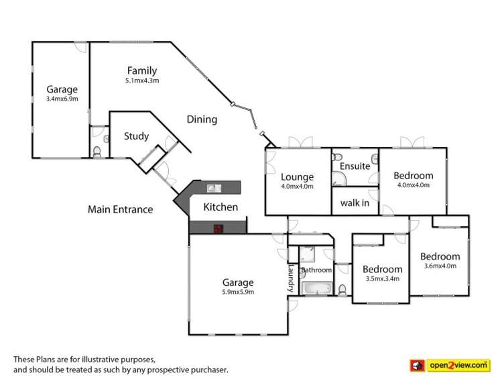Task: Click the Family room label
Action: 141,70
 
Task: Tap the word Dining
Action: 202,119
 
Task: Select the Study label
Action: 136,136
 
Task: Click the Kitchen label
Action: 221,207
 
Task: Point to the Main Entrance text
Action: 120,209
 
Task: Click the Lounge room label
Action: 298,177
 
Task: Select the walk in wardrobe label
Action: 355,203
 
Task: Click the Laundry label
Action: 292,277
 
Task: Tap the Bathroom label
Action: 316,270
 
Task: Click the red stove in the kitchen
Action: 217,228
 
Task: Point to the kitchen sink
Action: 215,188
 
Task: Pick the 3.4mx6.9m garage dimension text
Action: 62,99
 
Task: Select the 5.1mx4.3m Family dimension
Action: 141,80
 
